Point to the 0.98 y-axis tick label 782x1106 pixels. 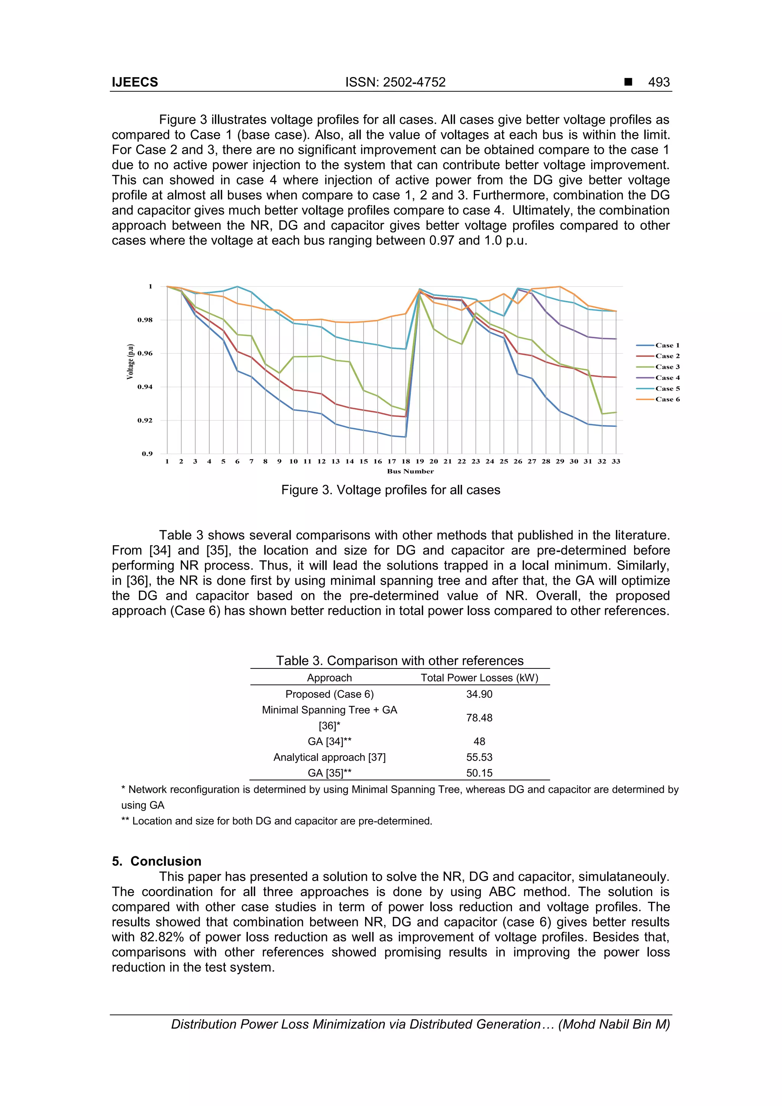[x=145, y=320]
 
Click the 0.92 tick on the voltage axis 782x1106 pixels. [x=145, y=420]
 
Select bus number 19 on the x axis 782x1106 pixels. [x=420, y=461]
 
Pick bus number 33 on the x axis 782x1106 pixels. [x=616, y=461]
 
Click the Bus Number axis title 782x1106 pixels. [x=410, y=471]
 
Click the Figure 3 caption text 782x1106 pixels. [x=391, y=490]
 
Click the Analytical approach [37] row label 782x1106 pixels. [x=330, y=757]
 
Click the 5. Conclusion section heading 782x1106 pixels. [x=157, y=861]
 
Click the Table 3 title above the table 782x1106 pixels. [x=399, y=660]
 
